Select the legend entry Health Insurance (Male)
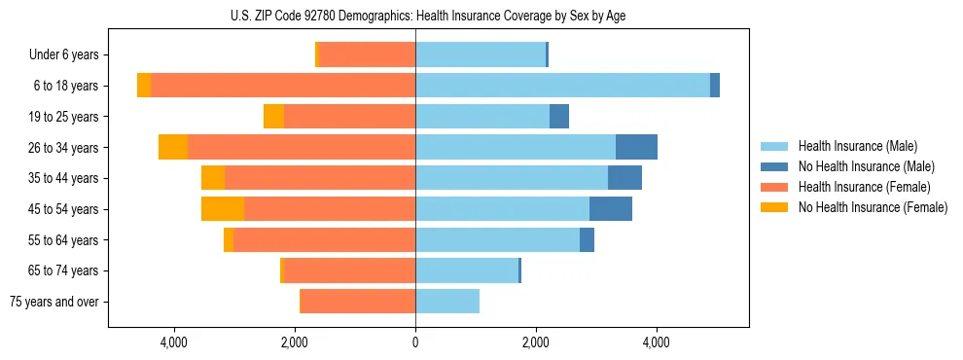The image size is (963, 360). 857,146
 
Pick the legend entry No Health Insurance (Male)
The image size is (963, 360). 866,166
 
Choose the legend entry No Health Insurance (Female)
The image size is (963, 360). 872,207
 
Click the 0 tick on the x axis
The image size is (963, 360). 415,342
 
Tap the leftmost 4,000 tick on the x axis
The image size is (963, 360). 174,342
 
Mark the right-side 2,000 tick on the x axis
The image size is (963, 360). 536,342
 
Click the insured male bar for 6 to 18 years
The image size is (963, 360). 562,86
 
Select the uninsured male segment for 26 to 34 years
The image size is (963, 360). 636,147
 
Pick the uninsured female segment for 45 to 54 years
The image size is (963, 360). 223,209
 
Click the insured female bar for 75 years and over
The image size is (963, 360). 358,302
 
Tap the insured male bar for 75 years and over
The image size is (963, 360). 447,302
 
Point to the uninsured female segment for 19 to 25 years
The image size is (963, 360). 273,117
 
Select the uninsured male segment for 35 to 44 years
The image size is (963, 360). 624,178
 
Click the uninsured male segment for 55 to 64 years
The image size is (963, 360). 587,240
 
